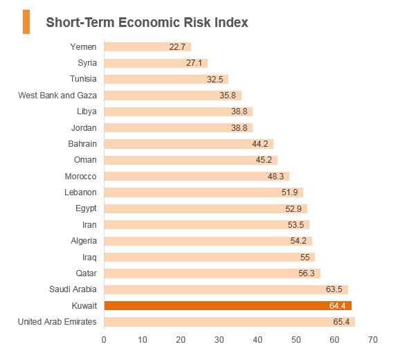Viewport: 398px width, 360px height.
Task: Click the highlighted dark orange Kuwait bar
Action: tap(228, 306)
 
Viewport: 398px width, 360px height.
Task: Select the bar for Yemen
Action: tap(147, 46)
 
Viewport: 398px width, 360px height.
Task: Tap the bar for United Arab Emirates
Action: tap(230, 322)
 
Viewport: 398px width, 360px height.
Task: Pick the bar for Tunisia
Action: tap(166, 79)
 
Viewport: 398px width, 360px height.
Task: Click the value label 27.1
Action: tap(194, 63)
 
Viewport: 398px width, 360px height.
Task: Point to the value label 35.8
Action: tap(228, 96)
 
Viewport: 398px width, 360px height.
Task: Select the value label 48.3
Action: tap(275, 176)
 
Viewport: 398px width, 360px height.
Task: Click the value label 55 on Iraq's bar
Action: tap(305, 257)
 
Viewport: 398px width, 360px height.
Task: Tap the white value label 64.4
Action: tap(337, 306)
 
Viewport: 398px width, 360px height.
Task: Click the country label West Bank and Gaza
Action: tap(57, 96)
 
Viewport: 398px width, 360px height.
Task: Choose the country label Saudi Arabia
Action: tap(73, 289)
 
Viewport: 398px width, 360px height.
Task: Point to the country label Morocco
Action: tap(81, 176)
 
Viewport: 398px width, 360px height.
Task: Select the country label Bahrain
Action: tap(82, 144)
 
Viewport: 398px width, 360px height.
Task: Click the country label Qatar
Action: tap(87, 273)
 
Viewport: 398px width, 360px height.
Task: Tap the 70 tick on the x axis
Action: tap(372, 340)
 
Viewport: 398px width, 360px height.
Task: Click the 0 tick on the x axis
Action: tap(104, 340)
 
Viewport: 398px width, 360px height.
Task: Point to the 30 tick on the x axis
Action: tap(219, 340)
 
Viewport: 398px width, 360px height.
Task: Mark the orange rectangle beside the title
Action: tap(26, 22)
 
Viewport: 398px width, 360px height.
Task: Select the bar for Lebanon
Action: tap(203, 192)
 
